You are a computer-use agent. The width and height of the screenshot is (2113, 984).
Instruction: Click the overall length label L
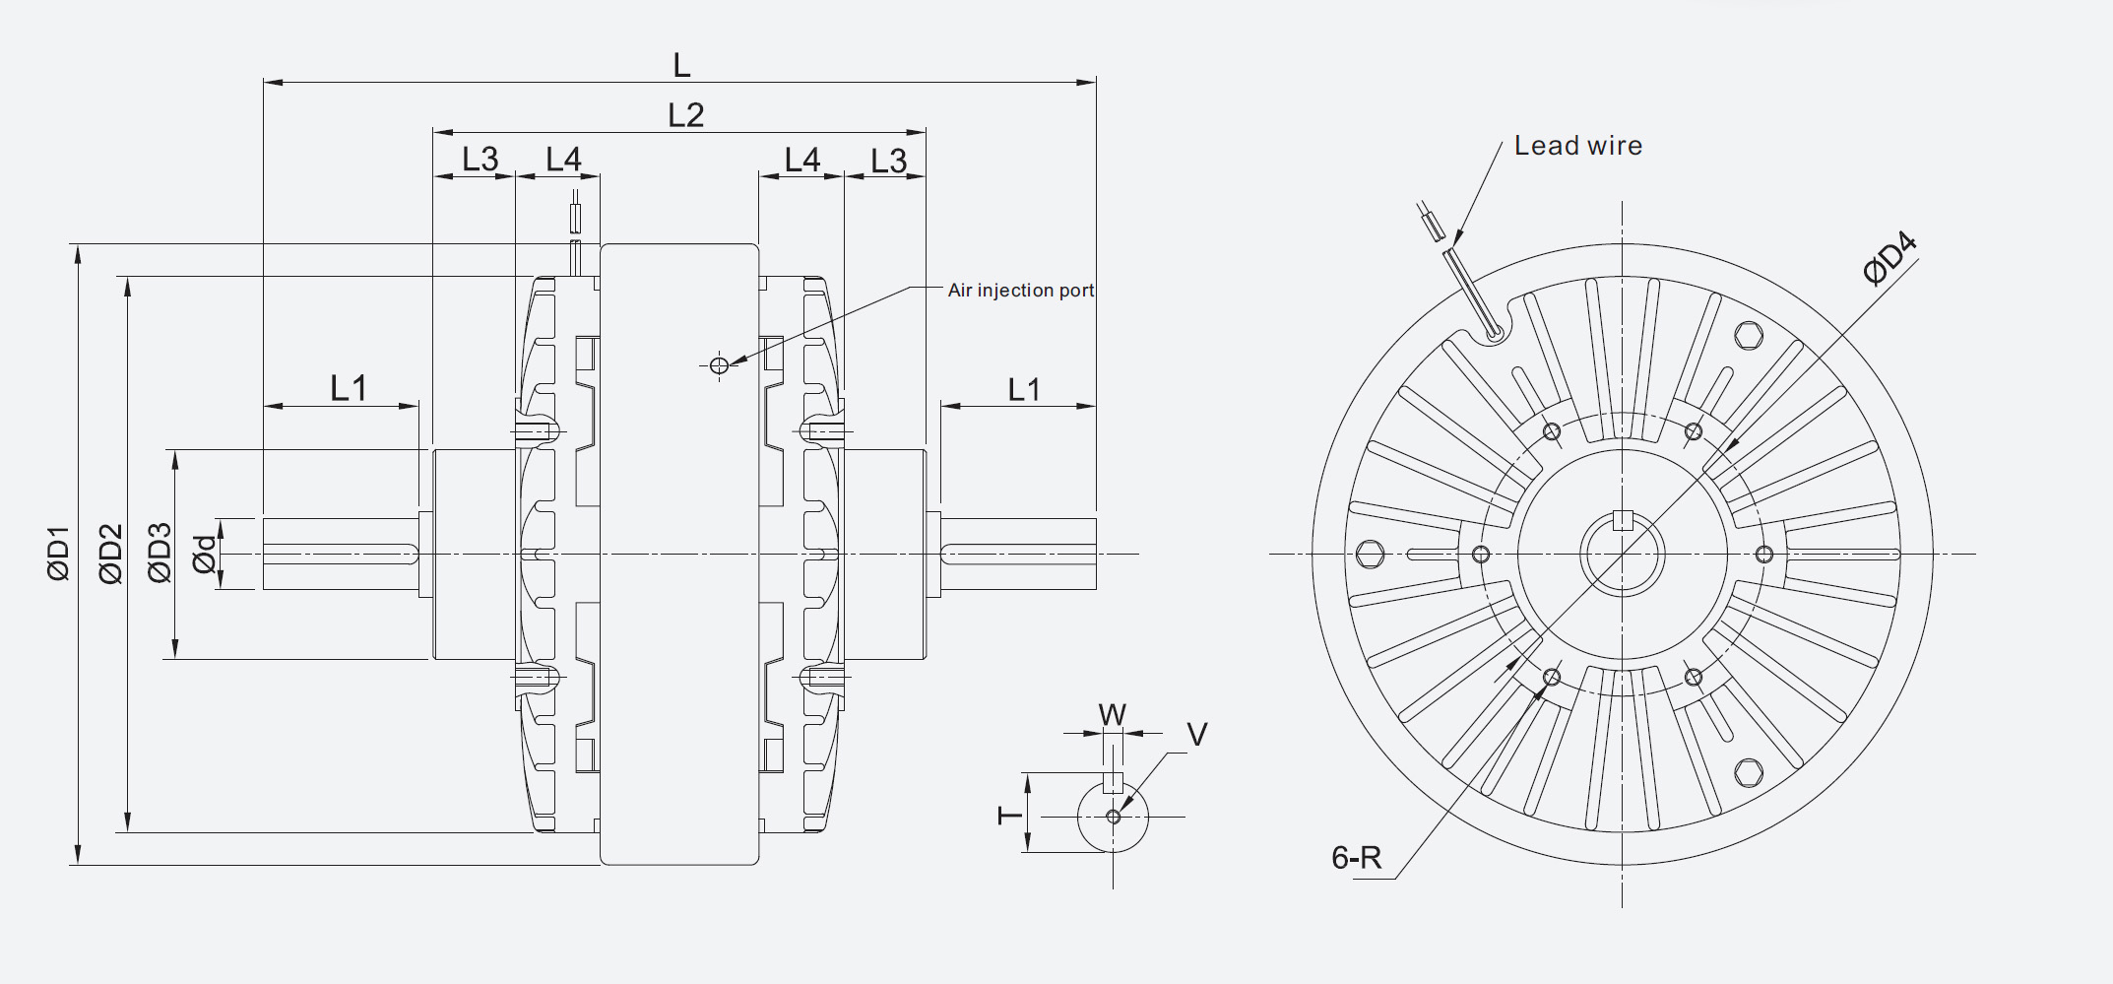pyautogui.click(x=681, y=65)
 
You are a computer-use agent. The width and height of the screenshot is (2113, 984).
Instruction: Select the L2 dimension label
pyautogui.click(x=685, y=114)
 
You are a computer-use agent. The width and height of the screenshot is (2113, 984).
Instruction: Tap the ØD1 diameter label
pyautogui.click(x=59, y=554)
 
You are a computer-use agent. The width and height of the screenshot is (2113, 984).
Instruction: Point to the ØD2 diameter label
pyautogui.click(x=111, y=554)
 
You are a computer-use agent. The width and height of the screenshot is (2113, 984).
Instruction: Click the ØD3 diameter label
pyautogui.click(x=160, y=554)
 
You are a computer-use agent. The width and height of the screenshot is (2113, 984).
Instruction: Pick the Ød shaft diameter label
pyautogui.click(x=204, y=555)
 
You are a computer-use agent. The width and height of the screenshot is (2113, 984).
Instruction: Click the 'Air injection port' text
pyautogui.click(x=1020, y=290)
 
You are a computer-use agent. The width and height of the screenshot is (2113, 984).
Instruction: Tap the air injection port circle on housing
pyautogui.click(x=719, y=365)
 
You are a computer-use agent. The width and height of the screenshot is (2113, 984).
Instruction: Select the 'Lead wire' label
pyautogui.click(x=1577, y=146)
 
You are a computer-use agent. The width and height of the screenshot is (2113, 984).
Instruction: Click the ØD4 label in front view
pyautogui.click(x=1889, y=257)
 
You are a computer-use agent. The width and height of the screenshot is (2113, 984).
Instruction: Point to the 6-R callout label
pyautogui.click(x=1356, y=858)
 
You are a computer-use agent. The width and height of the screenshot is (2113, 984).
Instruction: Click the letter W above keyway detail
pyautogui.click(x=1112, y=714)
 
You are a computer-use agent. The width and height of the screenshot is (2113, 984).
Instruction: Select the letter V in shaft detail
pyautogui.click(x=1196, y=734)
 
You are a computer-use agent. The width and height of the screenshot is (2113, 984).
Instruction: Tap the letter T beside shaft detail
pyautogui.click(x=1010, y=815)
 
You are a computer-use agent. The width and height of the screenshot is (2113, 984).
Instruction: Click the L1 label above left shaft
pyautogui.click(x=348, y=388)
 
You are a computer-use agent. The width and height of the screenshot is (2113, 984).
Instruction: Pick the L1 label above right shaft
pyautogui.click(x=1023, y=389)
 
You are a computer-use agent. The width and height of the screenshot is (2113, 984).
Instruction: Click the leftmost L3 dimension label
pyautogui.click(x=480, y=159)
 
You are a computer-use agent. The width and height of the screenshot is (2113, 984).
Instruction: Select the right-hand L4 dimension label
pyautogui.click(x=801, y=160)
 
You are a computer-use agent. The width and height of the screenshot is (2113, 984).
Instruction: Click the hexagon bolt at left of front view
pyautogui.click(x=1370, y=554)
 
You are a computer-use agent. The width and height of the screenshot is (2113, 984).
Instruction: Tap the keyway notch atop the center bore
pyautogui.click(x=1623, y=521)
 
